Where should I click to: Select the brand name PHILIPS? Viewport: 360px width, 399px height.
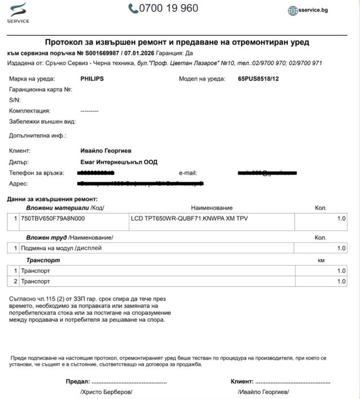coord(92,79)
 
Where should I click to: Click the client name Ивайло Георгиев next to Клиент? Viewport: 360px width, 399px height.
coord(106,151)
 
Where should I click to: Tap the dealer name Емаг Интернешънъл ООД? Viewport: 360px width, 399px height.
coord(119,162)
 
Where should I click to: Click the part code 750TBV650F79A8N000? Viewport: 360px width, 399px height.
coord(53,219)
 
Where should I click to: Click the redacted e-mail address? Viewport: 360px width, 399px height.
coord(267,172)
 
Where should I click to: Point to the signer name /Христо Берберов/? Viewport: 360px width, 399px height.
coord(106,392)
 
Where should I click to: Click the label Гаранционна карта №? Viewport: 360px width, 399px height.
coord(41,90)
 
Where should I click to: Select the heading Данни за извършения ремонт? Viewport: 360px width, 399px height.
coord(57,198)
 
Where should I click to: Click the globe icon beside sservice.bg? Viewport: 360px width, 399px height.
coord(293,10)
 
